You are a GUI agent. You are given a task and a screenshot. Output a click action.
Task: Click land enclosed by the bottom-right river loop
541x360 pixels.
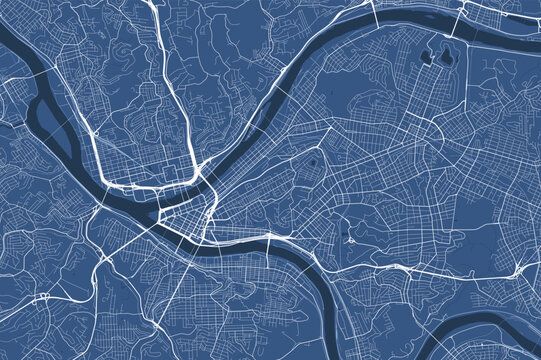pos(500,345)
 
